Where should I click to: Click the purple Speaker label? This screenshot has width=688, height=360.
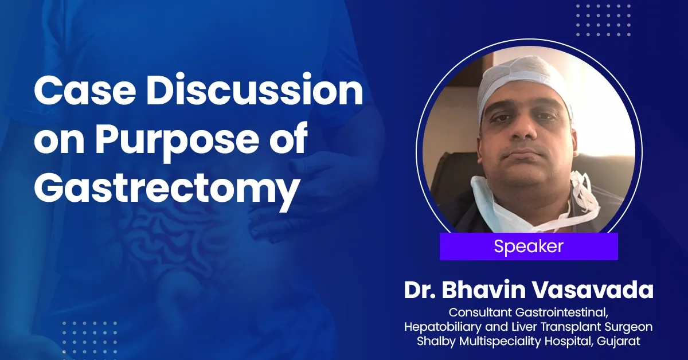(x=528, y=247)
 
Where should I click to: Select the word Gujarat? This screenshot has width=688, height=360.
(x=636, y=342)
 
